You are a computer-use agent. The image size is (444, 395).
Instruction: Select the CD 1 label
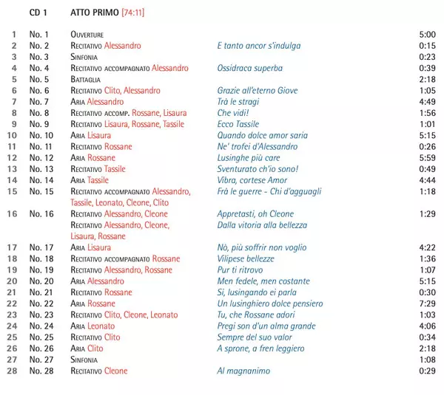[x=38, y=13]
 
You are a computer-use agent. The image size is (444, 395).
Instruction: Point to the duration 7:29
[x=427, y=303]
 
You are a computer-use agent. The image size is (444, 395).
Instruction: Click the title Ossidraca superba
[x=250, y=68]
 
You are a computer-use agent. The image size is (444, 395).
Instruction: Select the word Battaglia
[x=87, y=79]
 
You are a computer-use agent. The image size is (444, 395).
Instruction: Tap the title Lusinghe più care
[x=249, y=158]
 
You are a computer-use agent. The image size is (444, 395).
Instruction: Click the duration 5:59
[x=427, y=158]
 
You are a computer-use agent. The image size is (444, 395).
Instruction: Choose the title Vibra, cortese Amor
[x=252, y=180]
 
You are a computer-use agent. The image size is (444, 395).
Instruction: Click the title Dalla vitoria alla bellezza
[x=262, y=225]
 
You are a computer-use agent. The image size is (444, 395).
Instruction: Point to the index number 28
[x=12, y=371]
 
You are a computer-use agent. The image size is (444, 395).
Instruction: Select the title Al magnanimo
[x=243, y=371]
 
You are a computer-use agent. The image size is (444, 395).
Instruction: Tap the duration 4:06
[x=427, y=326]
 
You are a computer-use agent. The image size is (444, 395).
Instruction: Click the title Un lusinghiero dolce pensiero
[x=270, y=303]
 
